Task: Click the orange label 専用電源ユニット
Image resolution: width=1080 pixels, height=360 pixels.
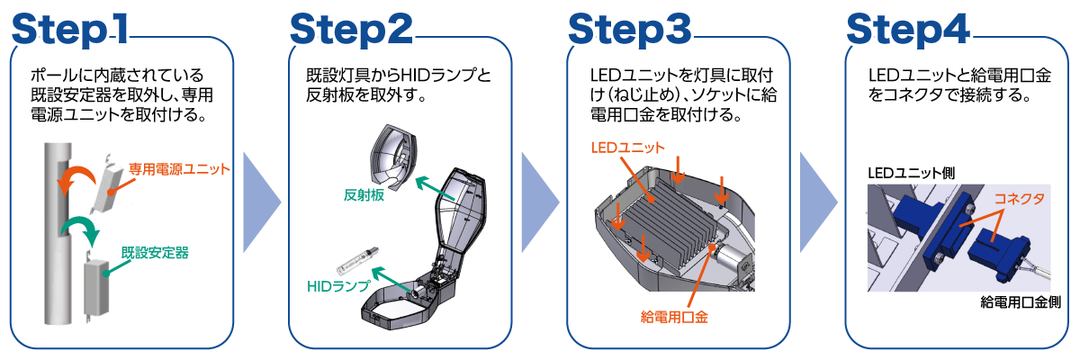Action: (179, 168)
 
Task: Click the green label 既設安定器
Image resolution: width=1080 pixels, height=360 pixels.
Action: (155, 253)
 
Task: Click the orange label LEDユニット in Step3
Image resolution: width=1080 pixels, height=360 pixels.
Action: (627, 147)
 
